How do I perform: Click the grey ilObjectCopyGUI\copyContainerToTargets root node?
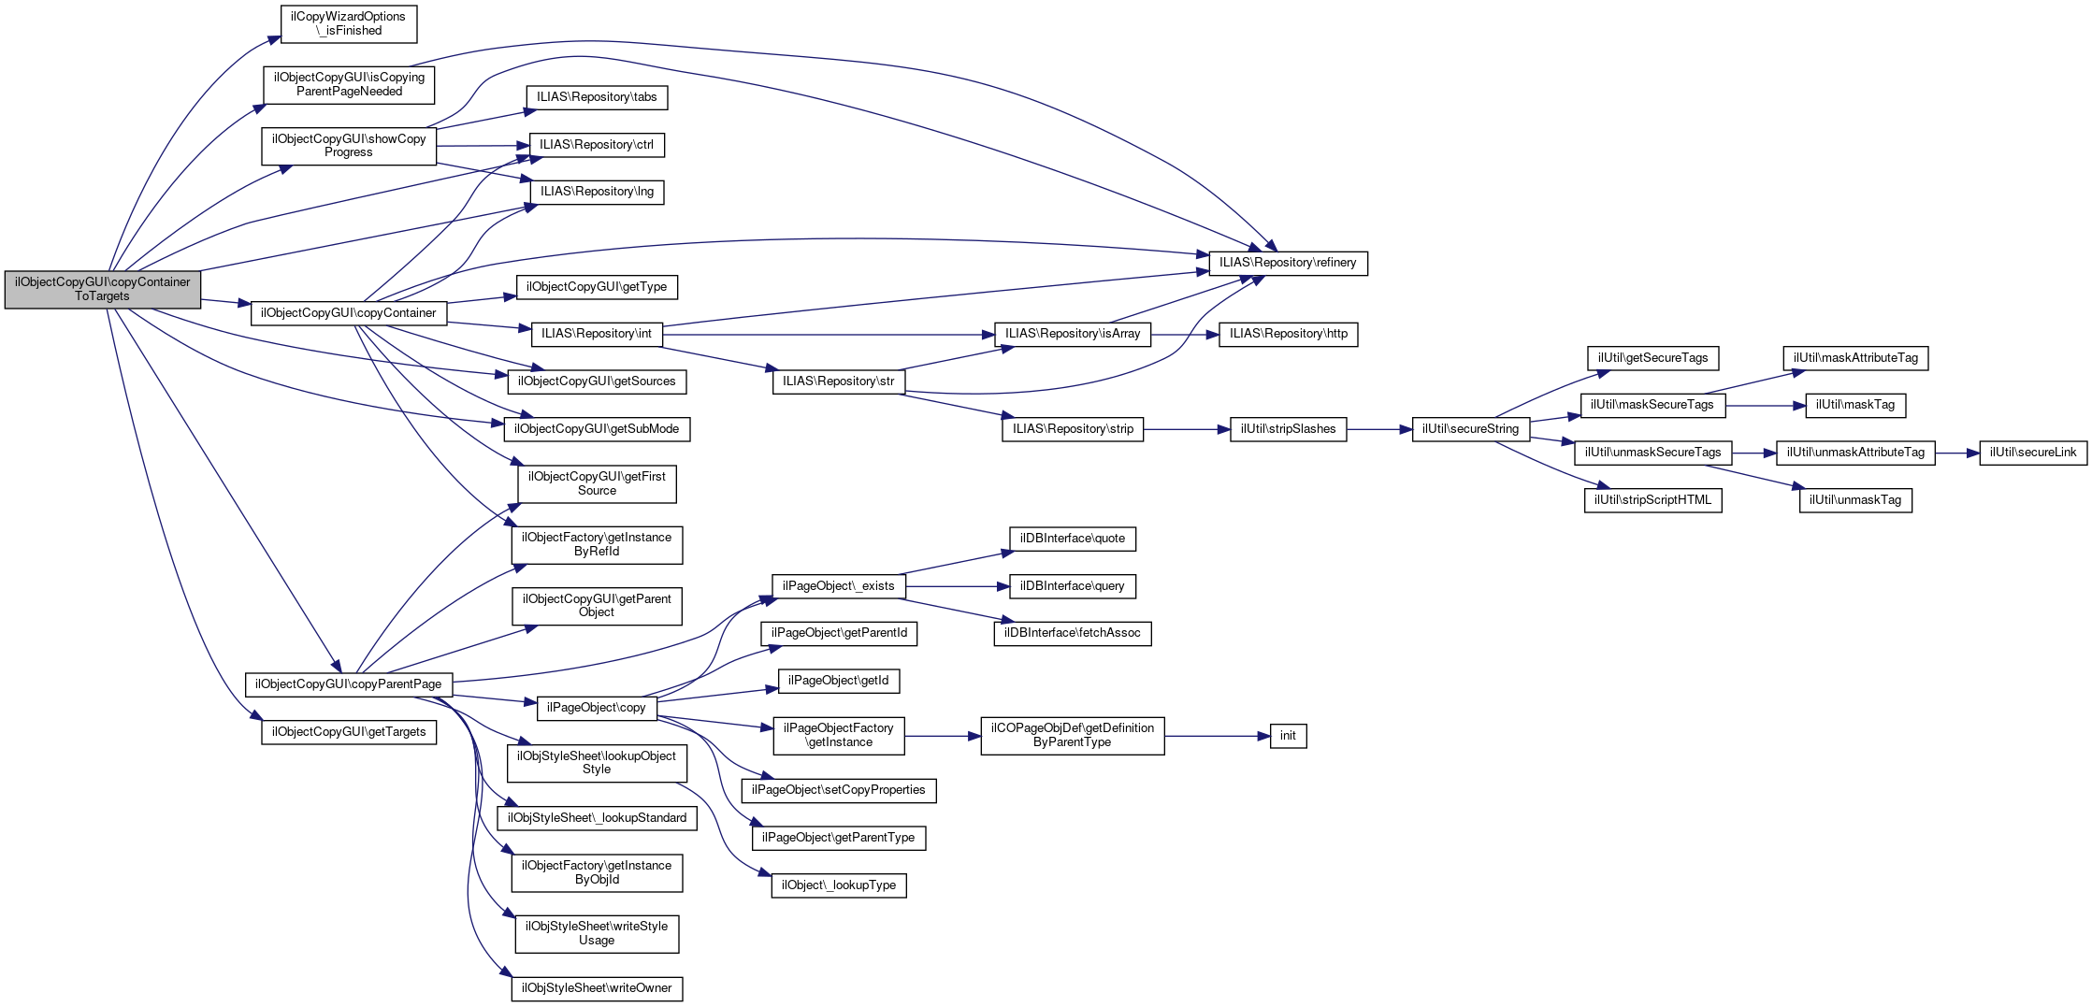103,289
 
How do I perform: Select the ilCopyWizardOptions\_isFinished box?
349,23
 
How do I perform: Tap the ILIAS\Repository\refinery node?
1288,263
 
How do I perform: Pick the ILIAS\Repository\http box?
1289,334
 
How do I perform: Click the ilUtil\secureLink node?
2033,453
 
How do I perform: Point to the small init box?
1288,736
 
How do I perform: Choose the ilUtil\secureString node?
1471,429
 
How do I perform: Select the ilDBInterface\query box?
1073,586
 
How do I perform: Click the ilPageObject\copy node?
597,708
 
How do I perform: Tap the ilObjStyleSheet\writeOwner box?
597,988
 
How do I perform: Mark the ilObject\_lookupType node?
839,885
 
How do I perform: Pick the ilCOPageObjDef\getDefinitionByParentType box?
1073,736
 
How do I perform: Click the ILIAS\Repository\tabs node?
597,97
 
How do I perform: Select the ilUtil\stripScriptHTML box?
1653,500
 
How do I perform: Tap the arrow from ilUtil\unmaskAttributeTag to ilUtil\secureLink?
1957,453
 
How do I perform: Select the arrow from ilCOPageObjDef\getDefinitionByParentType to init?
1218,736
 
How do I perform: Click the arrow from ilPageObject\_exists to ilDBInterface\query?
958,586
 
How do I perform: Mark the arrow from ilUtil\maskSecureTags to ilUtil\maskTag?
1766,406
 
